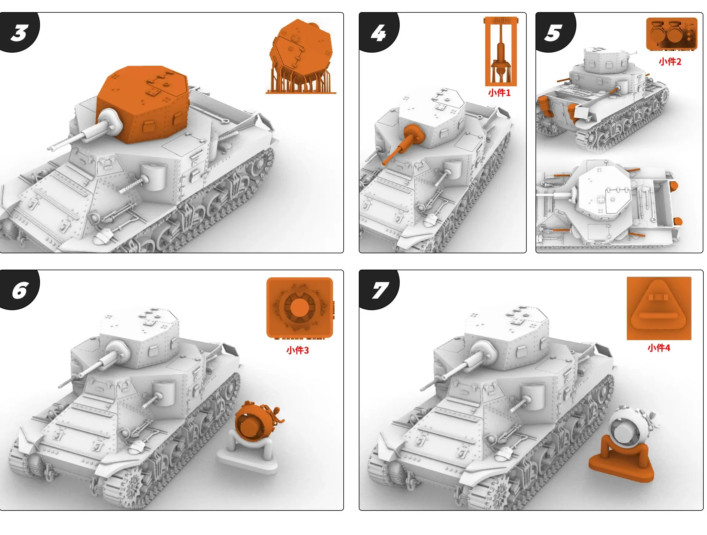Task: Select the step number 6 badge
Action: (x=19, y=290)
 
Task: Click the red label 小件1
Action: (x=499, y=93)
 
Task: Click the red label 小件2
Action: (x=670, y=62)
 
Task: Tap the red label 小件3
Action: (x=297, y=350)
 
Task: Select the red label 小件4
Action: (x=659, y=348)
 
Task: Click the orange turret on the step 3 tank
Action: (x=144, y=102)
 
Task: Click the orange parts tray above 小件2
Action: (x=671, y=34)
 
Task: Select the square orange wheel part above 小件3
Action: (x=299, y=307)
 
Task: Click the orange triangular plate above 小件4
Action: (x=659, y=308)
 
